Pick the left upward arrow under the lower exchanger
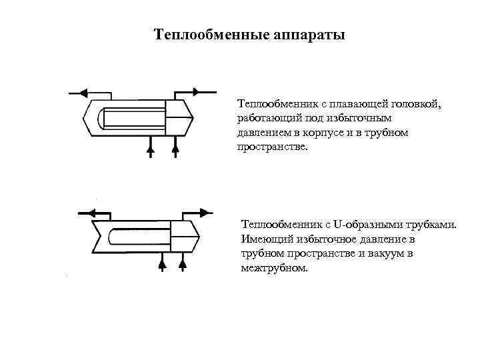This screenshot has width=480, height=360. [x=161, y=265]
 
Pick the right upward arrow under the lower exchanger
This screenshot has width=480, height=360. [x=183, y=265]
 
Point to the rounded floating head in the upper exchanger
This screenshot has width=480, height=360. [x=101, y=118]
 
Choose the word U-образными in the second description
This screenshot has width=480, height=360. [x=370, y=225]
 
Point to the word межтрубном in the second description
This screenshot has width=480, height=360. [x=274, y=269]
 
